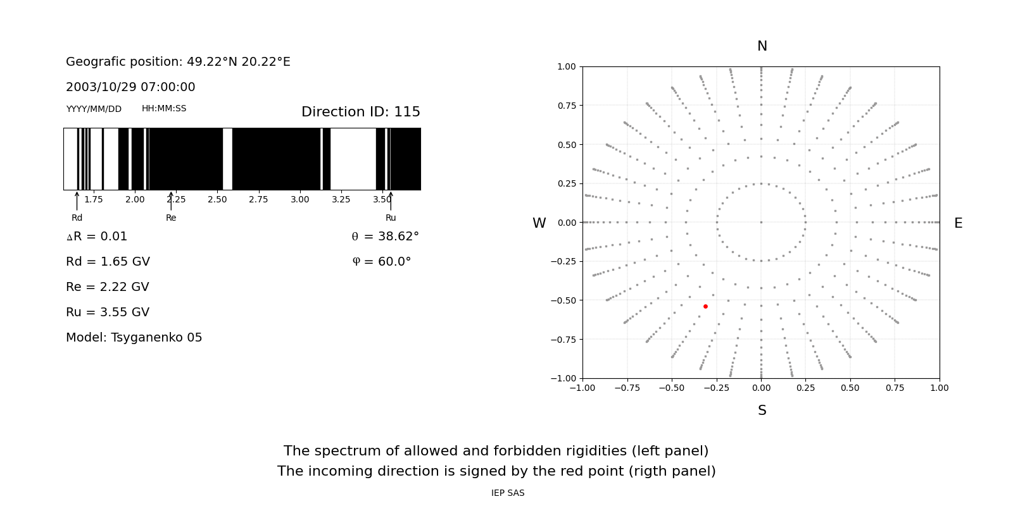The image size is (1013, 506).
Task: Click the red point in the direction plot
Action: point(705,306)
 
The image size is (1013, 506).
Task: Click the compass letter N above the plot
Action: point(762,46)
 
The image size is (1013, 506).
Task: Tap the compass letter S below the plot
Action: point(762,410)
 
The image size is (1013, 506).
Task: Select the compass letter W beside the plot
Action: point(539,223)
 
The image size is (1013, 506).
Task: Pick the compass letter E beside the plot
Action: point(958,223)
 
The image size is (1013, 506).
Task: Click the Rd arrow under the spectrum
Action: point(77,201)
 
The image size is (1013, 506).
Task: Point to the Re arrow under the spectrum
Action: point(171,201)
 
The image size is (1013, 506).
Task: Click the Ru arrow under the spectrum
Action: point(391,201)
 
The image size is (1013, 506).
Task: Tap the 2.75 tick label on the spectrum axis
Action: point(258,200)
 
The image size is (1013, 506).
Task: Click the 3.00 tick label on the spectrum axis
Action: point(299,200)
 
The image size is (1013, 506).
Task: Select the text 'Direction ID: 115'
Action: point(360,112)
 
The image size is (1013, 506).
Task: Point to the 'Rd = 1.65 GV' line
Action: point(108,262)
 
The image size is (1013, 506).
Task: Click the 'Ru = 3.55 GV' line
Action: point(108,312)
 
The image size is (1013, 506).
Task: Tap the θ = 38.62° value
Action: point(385,237)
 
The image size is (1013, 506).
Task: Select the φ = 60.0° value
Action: point(381,262)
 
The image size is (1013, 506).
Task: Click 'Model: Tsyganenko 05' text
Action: point(134,338)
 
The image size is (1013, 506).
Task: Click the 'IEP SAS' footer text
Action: point(507,493)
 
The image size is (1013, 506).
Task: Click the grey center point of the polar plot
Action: point(761,222)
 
